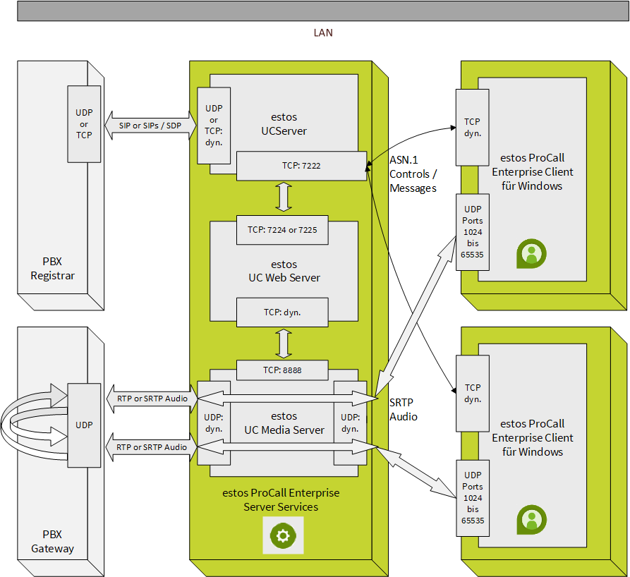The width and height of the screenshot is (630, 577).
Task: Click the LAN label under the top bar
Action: [323, 32]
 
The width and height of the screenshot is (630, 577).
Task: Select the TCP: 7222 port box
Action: [301, 165]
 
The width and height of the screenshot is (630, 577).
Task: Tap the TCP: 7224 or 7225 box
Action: [282, 229]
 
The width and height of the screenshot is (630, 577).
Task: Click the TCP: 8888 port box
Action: [282, 370]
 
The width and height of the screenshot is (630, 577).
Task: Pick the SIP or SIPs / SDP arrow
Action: [150, 125]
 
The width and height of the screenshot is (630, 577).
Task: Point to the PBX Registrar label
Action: [52, 268]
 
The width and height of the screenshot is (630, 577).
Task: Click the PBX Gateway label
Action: [52, 542]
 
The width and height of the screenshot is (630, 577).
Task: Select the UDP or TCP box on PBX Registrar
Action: [84, 124]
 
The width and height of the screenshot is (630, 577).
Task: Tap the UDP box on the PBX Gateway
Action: [84, 425]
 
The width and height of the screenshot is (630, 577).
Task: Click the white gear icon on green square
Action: [283, 535]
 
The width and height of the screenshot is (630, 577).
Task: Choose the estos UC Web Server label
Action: [284, 272]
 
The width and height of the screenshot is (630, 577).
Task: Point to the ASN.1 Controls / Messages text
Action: [413, 174]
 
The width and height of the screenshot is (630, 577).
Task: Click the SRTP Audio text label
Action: [404, 409]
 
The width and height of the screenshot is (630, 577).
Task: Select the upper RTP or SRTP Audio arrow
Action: [151, 399]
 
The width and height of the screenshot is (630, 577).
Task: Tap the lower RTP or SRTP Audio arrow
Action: [151, 447]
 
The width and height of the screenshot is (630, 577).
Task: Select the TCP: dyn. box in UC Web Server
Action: [282, 312]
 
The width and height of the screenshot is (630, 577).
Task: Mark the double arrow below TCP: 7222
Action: [284, 196]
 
